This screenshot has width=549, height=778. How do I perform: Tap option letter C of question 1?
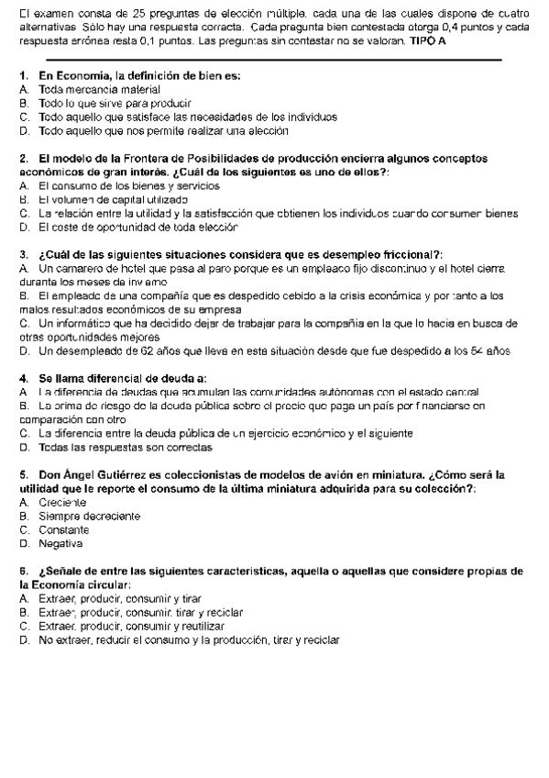tap(23, 117)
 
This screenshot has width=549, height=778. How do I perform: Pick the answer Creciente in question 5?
tap(62, 503)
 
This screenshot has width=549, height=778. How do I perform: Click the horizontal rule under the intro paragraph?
tap(275, 60)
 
